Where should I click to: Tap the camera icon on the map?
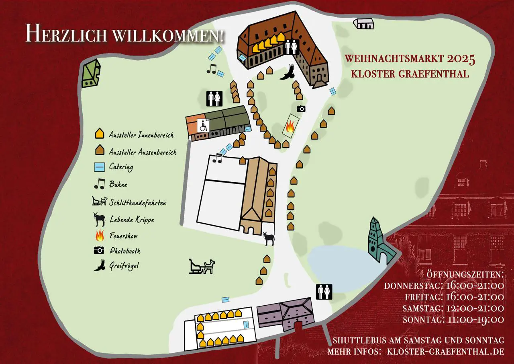[301, 109]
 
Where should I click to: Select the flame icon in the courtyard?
[290, 128]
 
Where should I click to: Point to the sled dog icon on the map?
[202, 267]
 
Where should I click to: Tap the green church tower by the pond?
[377, 242]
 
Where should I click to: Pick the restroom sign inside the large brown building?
[291, 47]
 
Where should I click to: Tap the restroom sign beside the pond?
[324, 291]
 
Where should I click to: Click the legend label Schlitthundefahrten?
[138, 203]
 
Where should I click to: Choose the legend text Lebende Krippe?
[132, 220]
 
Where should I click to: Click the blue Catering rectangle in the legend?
[99, 167]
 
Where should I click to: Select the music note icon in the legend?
[99, 184]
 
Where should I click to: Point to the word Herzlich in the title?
[66, 33]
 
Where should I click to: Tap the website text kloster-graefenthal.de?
[445, 351]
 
